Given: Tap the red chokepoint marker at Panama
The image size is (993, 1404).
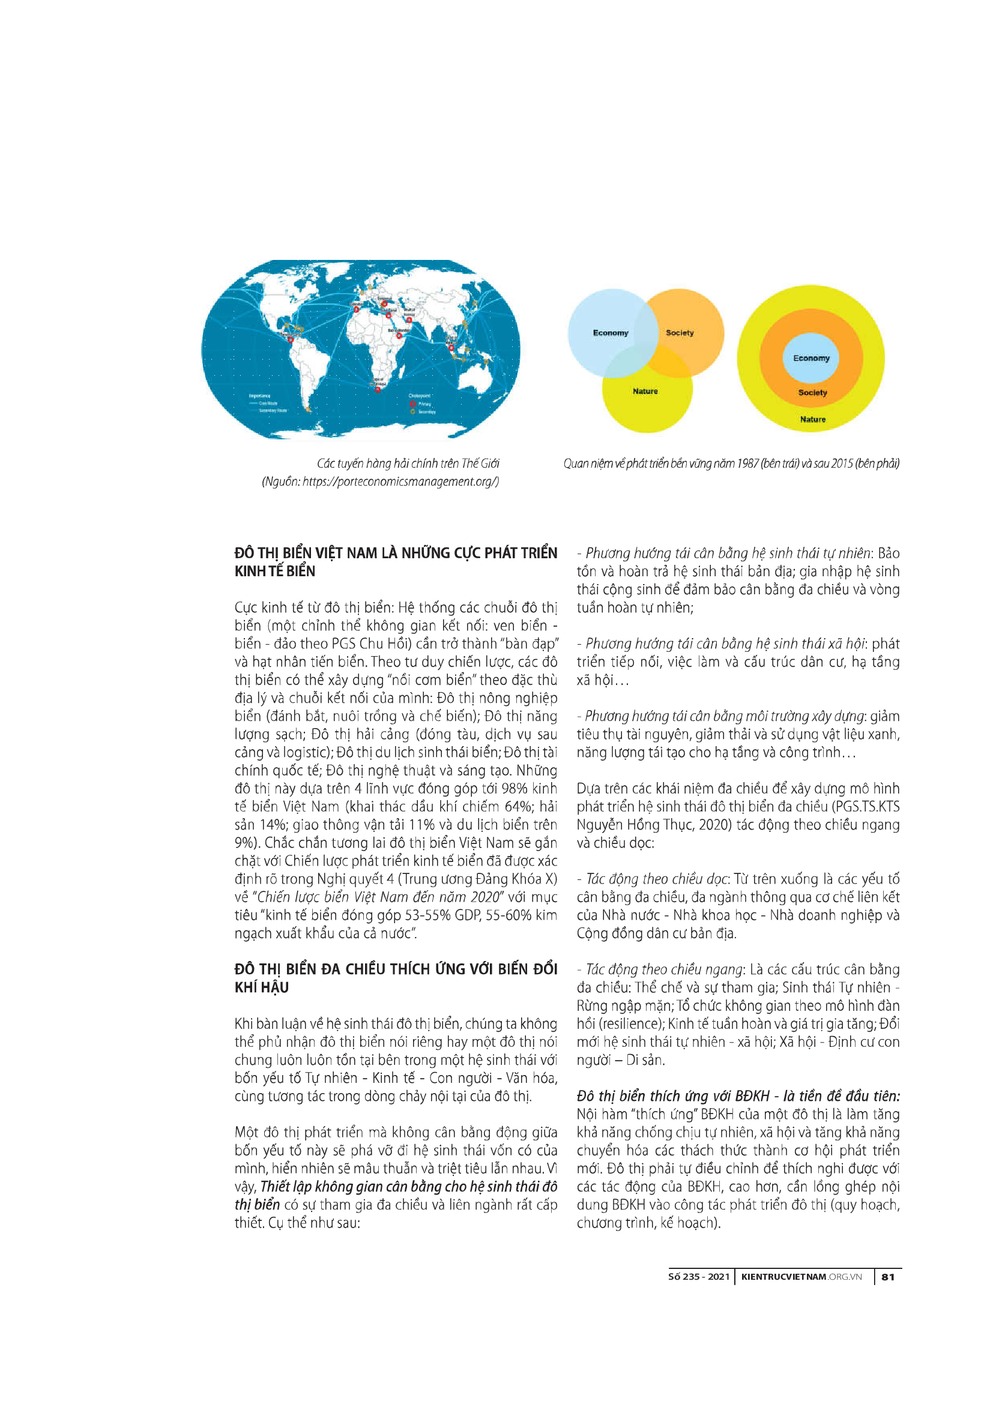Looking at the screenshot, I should (x=291, y=339).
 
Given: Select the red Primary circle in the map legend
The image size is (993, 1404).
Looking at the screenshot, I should (x=412, y=404).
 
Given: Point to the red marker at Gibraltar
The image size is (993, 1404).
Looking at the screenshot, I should (x=357, y=310).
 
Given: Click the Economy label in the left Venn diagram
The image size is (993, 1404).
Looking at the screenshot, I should (x=610, y=333).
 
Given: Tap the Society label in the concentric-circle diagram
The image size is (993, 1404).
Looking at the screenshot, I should (x=812, y=393).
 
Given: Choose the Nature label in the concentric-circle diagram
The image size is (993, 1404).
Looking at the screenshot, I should (x=813, y=420).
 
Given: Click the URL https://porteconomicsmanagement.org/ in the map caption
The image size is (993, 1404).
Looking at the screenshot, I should (x=400, y=482).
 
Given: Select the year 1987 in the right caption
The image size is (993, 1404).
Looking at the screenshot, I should (x=747, y=463).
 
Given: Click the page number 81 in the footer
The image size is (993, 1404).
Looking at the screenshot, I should (x=888, y=1277).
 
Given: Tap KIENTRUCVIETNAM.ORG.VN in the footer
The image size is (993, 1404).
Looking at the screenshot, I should (x=801, y=1277).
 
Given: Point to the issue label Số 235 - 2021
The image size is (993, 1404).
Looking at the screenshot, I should (x=699, y=1277).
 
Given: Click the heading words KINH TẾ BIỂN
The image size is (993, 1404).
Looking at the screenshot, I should (x=275, y=571).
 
